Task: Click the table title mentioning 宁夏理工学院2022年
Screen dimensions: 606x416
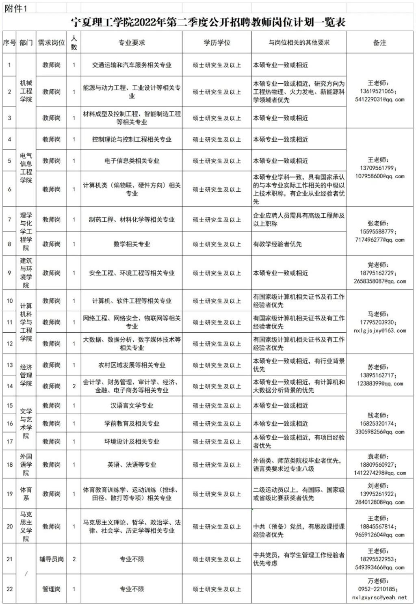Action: (208, 22)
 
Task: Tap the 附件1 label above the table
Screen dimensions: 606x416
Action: (16, 9)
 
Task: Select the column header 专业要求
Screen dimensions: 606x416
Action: (132, 43)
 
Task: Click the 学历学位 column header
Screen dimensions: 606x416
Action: (217, 43)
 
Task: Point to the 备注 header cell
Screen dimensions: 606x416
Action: (379, 43)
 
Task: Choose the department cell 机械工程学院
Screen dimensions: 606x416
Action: (26, 91)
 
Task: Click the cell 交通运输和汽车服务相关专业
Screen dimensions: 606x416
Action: (132, 65)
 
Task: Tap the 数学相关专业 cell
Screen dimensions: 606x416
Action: (132, 244)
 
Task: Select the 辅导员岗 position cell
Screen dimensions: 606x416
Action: (52, 559)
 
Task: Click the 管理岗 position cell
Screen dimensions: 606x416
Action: (52, 589)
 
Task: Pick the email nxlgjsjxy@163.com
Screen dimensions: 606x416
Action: (379, 331)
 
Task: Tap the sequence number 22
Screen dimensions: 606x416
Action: (10, 589)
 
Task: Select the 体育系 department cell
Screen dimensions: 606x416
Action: (26, 494)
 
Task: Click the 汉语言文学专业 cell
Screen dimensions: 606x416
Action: (132, 405)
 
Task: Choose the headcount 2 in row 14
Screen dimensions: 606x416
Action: (74, 386)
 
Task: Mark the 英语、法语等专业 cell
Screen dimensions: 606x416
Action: (132, 465)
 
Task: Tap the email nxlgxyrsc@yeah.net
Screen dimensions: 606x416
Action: (379, 597)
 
